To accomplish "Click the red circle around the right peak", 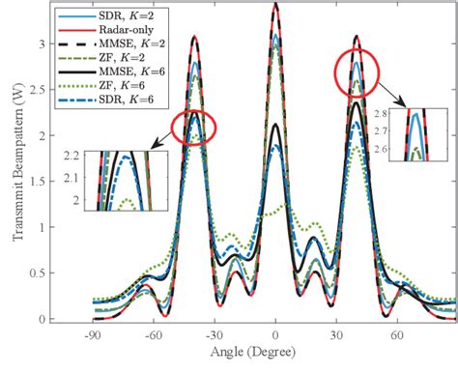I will tap(358, 73).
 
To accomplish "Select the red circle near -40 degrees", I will tap(193, 128).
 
